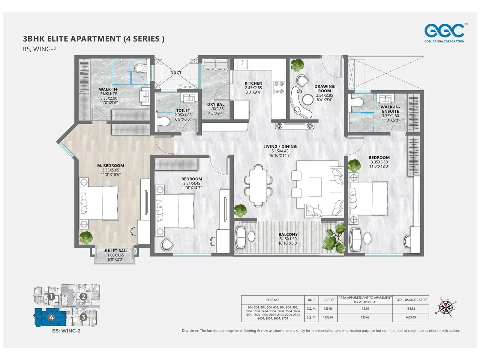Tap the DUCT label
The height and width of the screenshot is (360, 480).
click(176, 73)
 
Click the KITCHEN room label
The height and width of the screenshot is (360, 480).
click(253, 83)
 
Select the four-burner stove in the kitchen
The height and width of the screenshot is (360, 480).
click(279, 87)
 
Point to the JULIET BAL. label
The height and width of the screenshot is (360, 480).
click(115, 251)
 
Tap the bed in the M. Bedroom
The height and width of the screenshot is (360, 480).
click(99, 203)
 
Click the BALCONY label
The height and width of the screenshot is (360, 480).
click(288, 235)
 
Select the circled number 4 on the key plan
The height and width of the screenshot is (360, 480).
click(51, 317)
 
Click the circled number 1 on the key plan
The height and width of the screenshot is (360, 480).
click(51, 297)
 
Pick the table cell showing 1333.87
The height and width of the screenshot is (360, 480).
click(328, 317)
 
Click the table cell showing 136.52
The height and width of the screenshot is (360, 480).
click(411, 308)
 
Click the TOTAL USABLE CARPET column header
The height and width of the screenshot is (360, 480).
click(411, 300)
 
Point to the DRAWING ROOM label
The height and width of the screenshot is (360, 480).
click(324, 88)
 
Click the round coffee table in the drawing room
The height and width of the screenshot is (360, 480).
click(308, 99)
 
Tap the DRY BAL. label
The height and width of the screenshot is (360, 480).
click(216, 104)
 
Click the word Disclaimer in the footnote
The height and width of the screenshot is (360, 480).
click(190, 331)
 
